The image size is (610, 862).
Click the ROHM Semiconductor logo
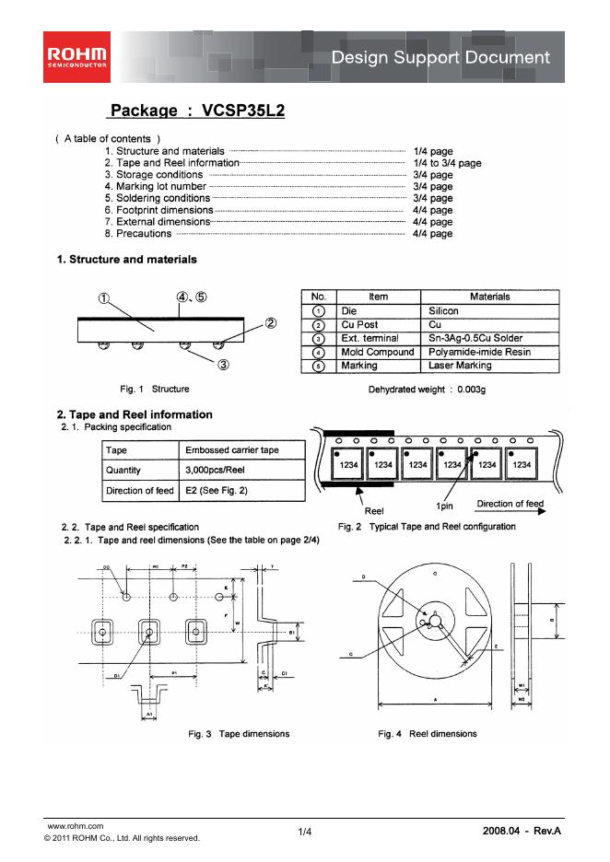pyautogui.click(x=76, y=56)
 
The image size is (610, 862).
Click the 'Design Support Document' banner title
pyautogui.click(x=440, y=57)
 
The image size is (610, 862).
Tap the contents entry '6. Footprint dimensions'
pyautogui.click(x=158, y=210)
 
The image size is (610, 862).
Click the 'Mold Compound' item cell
pyautogui.click(x=378, y=352)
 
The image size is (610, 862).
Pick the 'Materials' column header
pyautogui.click(x=489, y=297)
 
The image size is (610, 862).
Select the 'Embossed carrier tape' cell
pyautogui.click(x=231, y=449)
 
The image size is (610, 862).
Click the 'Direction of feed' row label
pyautogui.click(x=139, y=491)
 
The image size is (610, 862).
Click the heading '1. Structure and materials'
pyautogui.click(x=126, y=260)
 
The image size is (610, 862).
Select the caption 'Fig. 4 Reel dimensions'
pyautogui.click(x=428, y=734)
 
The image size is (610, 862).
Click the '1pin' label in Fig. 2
pyautogui.click(x=445, y=507)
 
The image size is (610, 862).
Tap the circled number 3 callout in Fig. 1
pyautogui.click(x=223, y=365)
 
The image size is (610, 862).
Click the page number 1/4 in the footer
pyautogui.click(x=305, y=833)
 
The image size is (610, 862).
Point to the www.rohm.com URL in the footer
pyautogui.click(x=75, y=826)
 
